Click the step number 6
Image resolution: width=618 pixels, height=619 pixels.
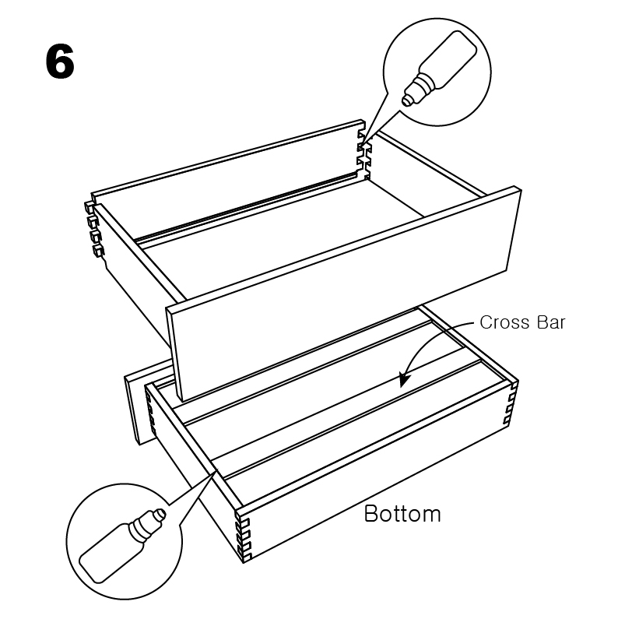click(60, 62)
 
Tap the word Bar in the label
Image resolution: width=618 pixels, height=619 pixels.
click(551, 322)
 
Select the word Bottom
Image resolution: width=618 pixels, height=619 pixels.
click(402, 514)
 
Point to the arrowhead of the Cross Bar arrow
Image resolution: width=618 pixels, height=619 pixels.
click(403, 380)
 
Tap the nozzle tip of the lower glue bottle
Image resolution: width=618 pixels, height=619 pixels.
click(160, 514)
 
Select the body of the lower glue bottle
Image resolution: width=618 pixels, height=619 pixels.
click(108, 553)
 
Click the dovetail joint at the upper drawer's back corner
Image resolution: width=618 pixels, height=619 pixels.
click(364, 155)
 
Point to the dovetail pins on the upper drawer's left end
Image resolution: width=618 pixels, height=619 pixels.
click(95, 229)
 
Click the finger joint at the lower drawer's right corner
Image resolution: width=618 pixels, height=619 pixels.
click(511, 403)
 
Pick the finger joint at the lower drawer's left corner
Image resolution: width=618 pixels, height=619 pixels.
click(151, 413)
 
